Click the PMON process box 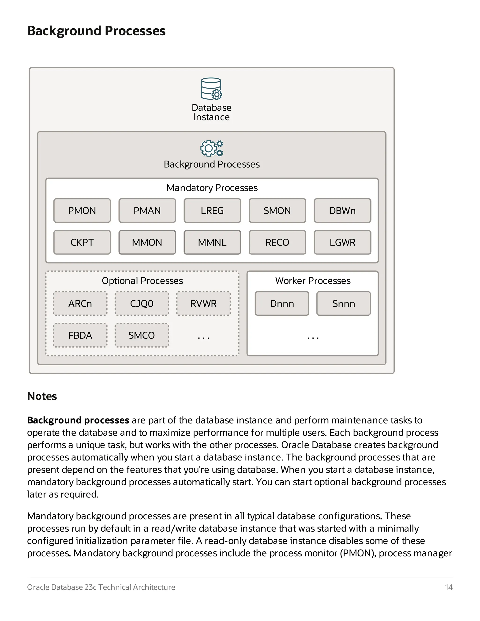click(x=82, y=211)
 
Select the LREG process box click(x=212, y=211)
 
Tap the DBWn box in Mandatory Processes click(x=342, y=211)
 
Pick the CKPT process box click(x=82, y=242)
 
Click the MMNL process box click(x=212, y=242)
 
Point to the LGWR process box click(x=342, y=242)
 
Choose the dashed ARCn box click(x=80, y=303)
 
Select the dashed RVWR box click(x=203, y=303)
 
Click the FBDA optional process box click(x=80, y=335)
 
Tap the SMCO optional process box click(x=142, y=335)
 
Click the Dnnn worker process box click(x=282, y=303)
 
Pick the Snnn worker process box click(x=344, y=303)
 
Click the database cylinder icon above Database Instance click(x=211, y=89)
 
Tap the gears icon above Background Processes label click(x=212, y=148)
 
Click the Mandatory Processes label click(x=212, y=188)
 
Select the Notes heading click(x=42, y=396)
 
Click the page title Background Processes click(x=96, y=31)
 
